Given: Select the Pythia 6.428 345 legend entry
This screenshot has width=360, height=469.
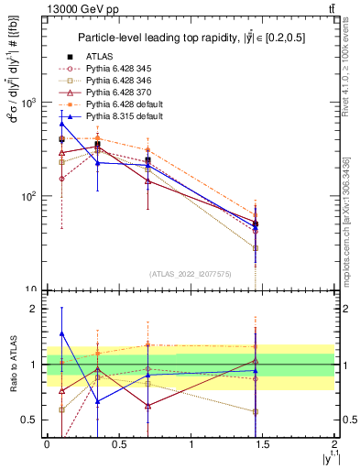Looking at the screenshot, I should [120, 70].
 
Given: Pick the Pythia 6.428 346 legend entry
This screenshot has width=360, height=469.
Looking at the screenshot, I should [120, 82].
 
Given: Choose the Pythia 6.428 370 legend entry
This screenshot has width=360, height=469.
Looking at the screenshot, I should [120, 93].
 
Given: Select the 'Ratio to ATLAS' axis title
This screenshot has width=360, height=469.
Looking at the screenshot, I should [12, 364].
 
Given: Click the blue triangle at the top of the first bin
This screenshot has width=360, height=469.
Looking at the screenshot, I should [62, 123].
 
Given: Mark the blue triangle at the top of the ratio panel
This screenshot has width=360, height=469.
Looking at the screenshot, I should [62, 334].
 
